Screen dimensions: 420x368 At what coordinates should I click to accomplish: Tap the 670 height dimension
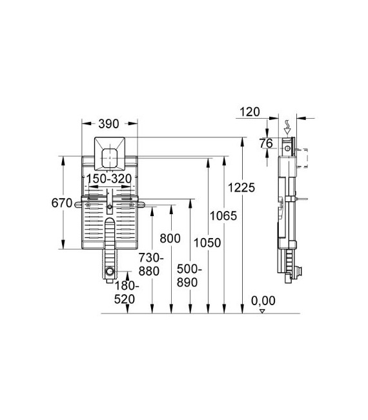coord(61,203)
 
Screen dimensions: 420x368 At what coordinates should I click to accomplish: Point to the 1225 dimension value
coord(245,187)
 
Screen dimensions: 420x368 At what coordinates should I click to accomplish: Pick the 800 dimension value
coord(170,238)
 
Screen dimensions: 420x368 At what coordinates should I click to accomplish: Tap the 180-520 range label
coord(127,292)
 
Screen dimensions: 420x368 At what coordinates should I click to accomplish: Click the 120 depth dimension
coord(248,112)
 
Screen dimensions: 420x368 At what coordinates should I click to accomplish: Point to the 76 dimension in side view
coord(265,143)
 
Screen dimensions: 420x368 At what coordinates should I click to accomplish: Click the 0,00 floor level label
coord(263,300)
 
